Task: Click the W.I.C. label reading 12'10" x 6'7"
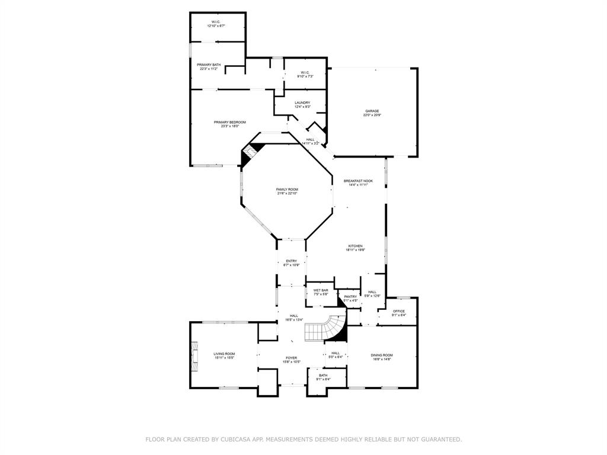216,24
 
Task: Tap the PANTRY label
350,298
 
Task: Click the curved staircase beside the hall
325,329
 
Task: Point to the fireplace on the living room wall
193,355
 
